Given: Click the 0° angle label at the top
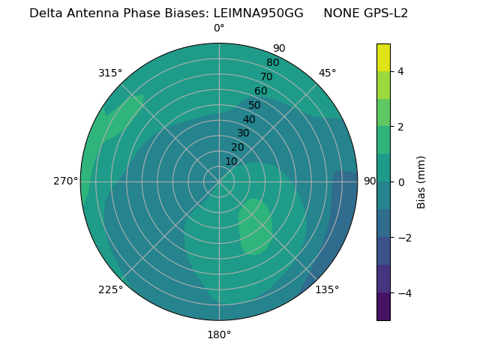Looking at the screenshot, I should [219, 28].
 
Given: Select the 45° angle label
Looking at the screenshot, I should [327, 73].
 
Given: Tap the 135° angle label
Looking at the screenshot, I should [327, 289].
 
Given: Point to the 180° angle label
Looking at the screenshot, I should [219, 334].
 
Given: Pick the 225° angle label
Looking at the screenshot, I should [110, 289].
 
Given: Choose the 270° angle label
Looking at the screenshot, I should [65, 181].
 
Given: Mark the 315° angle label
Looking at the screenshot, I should [110, 73].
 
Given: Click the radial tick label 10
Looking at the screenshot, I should [231, 161].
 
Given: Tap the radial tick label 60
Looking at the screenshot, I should [260, 91].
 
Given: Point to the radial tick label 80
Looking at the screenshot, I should [272, 63].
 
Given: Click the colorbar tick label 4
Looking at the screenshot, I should [400, 71].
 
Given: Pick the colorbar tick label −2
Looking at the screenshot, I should [403, 238].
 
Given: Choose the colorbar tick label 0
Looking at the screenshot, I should [400, 182].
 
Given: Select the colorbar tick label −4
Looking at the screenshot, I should [403, 293].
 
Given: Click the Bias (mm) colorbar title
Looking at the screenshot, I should [421, 182].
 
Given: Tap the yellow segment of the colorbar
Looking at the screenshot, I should [383, 57].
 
